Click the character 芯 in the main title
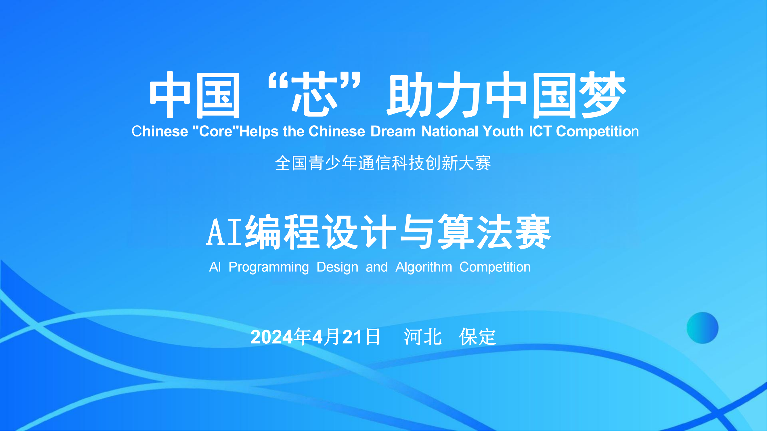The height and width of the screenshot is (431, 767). [x=314, y=95]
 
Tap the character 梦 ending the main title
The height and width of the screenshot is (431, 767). [x=605, y=95]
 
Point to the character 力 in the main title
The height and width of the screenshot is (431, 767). [x=458, y=95]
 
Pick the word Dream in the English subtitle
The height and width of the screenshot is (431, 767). [x=393, y=131]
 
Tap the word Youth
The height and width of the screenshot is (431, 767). [x=503, y=131]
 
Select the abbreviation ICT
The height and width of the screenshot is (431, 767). [x=540, y=131]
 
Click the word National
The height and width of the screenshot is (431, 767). [x=450, y=131]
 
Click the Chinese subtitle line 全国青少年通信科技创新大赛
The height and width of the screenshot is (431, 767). [x=383, y=163]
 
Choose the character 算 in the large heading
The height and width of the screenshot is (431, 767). [x=456, y=232]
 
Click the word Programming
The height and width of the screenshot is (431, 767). [x=269, y=267]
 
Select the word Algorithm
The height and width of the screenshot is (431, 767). [x=424, y=267]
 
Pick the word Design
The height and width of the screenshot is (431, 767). [x=337, y=267]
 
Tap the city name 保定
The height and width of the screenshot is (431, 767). [x=478, y=337]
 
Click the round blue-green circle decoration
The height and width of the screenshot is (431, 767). [x=703, y=328]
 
